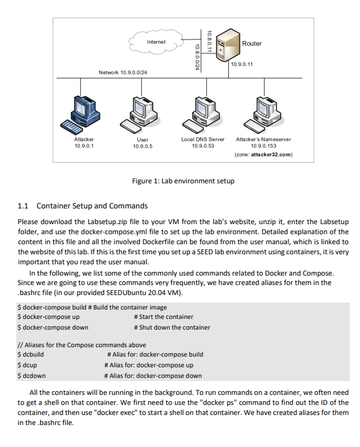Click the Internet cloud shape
(156, 42)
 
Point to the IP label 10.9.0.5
(142, 146)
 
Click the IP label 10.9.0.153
(263, 146)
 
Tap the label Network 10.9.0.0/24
(127, 73)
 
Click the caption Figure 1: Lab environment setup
(183, 181)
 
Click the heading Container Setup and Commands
(92, 205)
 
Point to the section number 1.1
(24, 205)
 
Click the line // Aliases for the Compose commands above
(82, 345)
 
